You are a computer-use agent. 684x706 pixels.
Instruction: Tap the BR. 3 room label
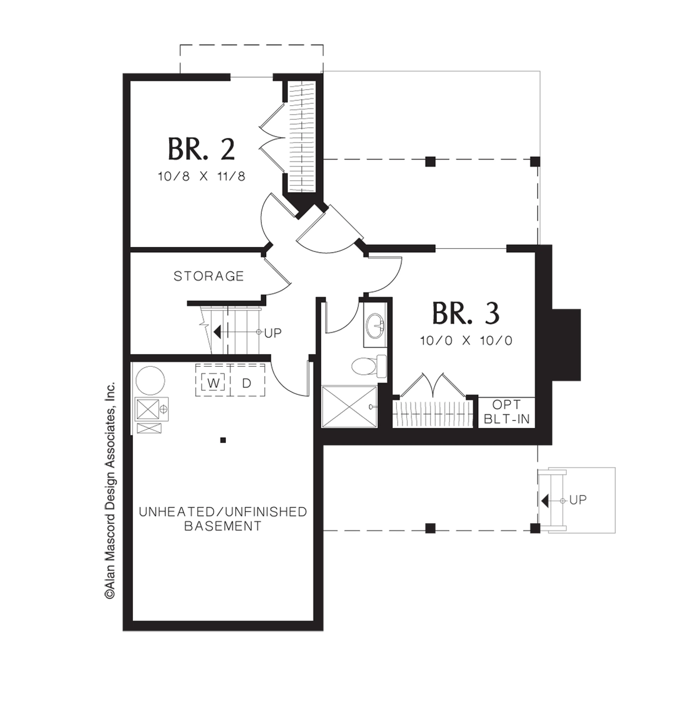[x=466, y=313]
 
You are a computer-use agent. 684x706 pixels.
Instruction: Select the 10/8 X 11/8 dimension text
[x=201, y=176]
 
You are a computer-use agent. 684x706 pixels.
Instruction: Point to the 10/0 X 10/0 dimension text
[x=466, y=340]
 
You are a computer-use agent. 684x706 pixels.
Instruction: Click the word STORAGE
[x=209, y=276]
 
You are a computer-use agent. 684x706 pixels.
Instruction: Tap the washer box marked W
[x=213, y=383]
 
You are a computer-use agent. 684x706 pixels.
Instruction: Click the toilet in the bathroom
[x=369, y=366]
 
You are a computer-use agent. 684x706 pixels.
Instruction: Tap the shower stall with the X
[x=349, y=407]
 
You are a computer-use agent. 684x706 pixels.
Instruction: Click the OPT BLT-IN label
[x=507, y=412]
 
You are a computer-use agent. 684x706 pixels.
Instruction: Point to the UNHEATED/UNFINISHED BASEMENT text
[x=223, y=519]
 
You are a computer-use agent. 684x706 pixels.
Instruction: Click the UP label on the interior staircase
[x=273, y=333]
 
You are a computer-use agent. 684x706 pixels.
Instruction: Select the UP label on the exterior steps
[x=578, y=499]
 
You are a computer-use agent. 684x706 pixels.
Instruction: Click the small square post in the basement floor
[x=223, y=440]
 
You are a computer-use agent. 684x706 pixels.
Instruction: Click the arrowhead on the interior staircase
[x=217, y=332]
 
